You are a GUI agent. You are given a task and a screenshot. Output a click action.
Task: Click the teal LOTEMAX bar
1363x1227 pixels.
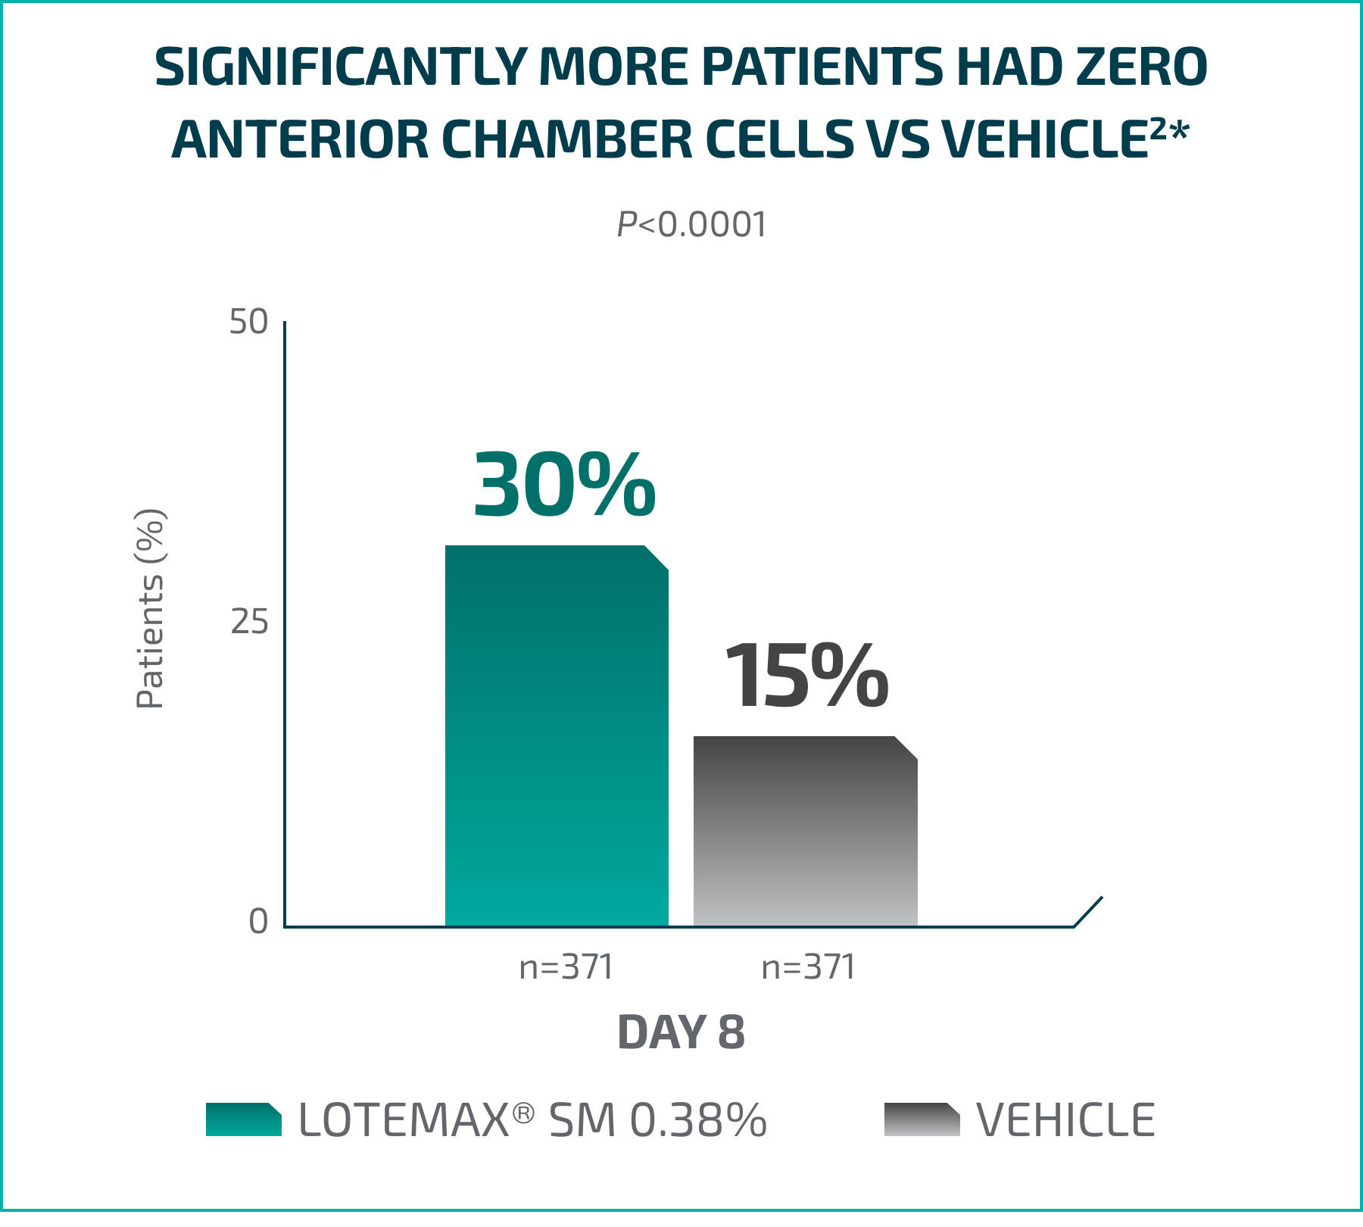coord(557,735)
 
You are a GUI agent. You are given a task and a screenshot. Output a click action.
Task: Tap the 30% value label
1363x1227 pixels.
coord(564,485)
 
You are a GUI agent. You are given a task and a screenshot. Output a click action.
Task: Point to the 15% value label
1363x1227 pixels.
coord(806,676)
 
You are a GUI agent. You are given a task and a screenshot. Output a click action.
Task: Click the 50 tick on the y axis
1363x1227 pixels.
coord(249,322)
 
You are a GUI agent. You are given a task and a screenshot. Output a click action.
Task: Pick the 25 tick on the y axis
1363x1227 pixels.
coord(249,622)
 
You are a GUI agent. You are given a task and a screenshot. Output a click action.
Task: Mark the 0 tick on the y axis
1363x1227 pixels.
coord(258,922)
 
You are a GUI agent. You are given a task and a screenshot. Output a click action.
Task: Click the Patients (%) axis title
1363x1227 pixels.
coord(150,608)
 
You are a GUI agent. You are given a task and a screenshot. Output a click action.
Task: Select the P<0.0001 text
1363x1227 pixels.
coord(691,225)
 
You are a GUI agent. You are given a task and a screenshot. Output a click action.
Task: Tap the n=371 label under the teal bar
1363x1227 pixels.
coord(566,967)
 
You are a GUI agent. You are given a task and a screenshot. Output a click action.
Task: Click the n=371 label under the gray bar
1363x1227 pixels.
coord(808,967)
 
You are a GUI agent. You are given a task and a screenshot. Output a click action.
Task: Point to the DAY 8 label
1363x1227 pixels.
coord(681,1032)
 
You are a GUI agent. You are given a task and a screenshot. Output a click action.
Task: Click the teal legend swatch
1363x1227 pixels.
coord(243,1119)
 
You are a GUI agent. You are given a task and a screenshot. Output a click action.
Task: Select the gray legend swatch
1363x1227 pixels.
coord(922,1119)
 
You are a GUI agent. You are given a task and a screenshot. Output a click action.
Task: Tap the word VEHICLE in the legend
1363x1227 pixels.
coord(1065,1119)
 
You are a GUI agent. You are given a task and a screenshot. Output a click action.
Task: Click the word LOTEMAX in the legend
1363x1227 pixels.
coord(404,1119)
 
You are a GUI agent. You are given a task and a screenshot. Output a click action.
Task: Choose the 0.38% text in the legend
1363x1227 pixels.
coord(697,1119)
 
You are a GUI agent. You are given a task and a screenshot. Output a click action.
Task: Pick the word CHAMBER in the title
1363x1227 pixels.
coord(566,139)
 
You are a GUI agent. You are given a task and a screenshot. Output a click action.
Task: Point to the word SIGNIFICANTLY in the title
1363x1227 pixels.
coord(340,67)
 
